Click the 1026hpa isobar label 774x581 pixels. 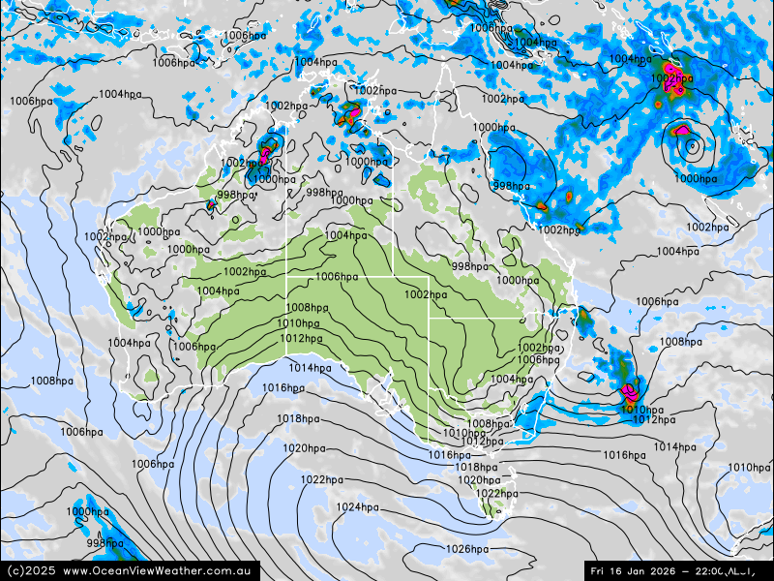[x=467, y=549]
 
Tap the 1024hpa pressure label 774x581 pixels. [x=357, y=507]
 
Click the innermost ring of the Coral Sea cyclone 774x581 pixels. [x=692, y=147]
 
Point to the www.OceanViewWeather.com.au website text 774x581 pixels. [x=161, y=571]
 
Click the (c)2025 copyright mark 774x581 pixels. [x=29, y=571]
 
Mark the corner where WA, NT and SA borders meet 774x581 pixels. [x=286, y=276]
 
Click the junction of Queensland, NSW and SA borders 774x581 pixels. [x=429, y=317]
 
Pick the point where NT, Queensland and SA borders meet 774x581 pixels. [x=393, y=276]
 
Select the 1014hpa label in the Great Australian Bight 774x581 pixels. [x=310, y=368]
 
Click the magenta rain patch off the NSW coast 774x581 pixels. [x=631, y=391]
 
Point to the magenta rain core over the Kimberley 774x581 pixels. [x=264, y=152]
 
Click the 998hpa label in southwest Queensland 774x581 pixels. [x=470, y=266]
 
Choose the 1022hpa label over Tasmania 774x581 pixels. [x=496, y=494]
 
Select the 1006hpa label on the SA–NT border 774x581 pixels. [x=337, y=277]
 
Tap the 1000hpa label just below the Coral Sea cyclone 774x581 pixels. [x=696, y=178]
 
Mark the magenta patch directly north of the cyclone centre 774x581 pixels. [x=683, y=129]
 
